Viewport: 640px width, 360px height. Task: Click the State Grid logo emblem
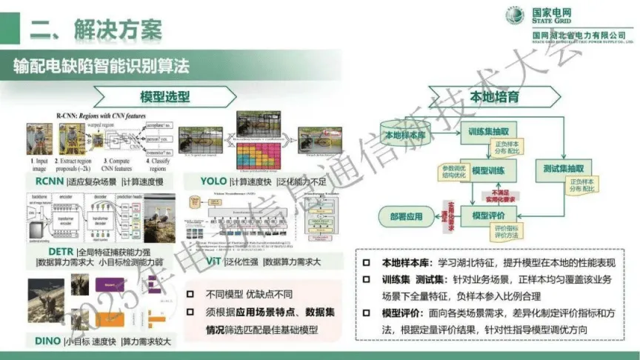516,16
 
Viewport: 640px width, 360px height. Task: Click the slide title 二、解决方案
96,30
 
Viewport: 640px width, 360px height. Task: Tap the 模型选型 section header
165,96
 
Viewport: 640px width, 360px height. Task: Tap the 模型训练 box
486,171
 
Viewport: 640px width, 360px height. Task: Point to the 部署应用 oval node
405,217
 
